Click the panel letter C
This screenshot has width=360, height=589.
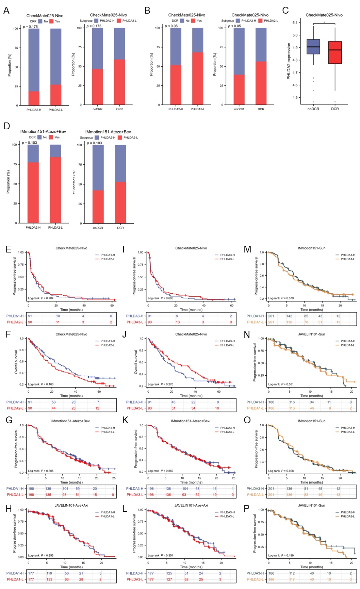tap(285, 11)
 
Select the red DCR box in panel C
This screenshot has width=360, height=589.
tap(335, 52)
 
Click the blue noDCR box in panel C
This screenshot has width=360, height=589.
tap(313, 47)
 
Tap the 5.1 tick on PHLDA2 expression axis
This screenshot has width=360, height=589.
tap(295, 23)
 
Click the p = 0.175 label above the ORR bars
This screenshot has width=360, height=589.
tap(30, 27)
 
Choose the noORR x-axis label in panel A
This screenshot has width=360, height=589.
tap(97, 109)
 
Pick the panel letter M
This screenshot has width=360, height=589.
tap(247, 249)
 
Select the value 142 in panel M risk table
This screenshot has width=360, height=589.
tap(289, 316)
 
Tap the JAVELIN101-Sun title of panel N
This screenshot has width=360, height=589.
tap(311, 334)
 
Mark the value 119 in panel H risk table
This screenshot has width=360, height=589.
tap(49, 573)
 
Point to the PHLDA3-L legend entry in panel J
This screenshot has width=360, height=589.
tap(227, 345)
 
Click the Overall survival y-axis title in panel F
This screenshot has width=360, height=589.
tap(16, 362)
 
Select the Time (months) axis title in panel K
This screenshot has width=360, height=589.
tap(191, 482)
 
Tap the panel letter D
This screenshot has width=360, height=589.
tap(6, 126)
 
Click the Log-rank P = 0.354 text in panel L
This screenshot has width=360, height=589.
tap(161, 555)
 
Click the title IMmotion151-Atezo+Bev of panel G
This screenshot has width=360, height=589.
tap(70, 421)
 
